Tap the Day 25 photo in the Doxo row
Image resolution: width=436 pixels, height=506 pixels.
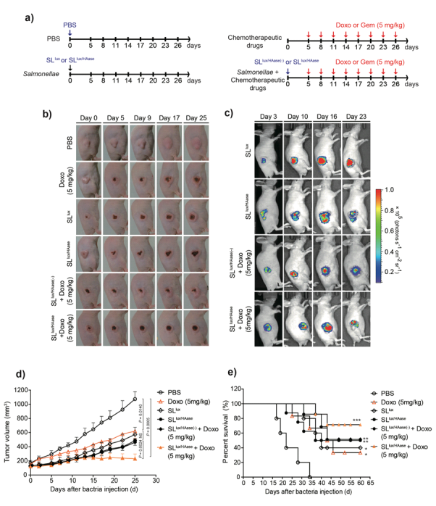pyautogui.click(x=197, y=175)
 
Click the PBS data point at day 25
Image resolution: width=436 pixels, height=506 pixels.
pyautogui.click(x=135, y=399)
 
